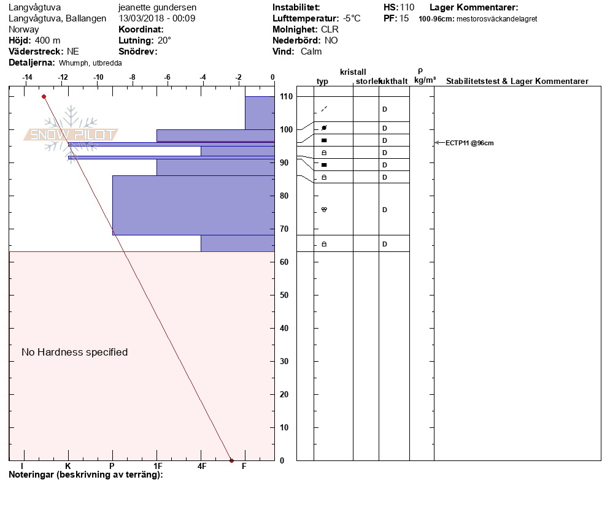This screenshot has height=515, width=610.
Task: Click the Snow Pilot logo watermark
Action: coord(71,135)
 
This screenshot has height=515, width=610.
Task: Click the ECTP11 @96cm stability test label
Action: coord(469,143)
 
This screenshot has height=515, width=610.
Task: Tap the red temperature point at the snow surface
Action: coord(44,96)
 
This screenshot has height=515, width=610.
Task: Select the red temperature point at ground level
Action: coord(231,460)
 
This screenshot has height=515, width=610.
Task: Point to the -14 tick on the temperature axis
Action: coord(28,77)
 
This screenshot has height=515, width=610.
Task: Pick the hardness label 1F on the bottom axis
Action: coord(157,466)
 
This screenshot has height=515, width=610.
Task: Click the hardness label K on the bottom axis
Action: coord(68,466)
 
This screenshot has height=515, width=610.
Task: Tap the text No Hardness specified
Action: coord(74,352)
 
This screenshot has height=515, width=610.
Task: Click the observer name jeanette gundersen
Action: coord(157,7)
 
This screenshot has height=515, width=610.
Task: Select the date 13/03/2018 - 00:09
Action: coord(157,18)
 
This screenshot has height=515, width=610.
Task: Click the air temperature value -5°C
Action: coord(352,18)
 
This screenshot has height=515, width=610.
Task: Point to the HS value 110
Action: coord(407,7)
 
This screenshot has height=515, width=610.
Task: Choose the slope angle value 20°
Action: coord(164,40)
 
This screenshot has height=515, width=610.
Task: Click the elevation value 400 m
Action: coord(48,40)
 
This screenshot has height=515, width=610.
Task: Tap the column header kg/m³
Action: coord(425,80)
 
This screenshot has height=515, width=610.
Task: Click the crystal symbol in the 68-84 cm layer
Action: coord(324,210)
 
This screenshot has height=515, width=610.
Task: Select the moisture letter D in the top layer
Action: coord(385,109)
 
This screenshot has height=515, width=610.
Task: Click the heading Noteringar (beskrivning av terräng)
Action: coord(85,475)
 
